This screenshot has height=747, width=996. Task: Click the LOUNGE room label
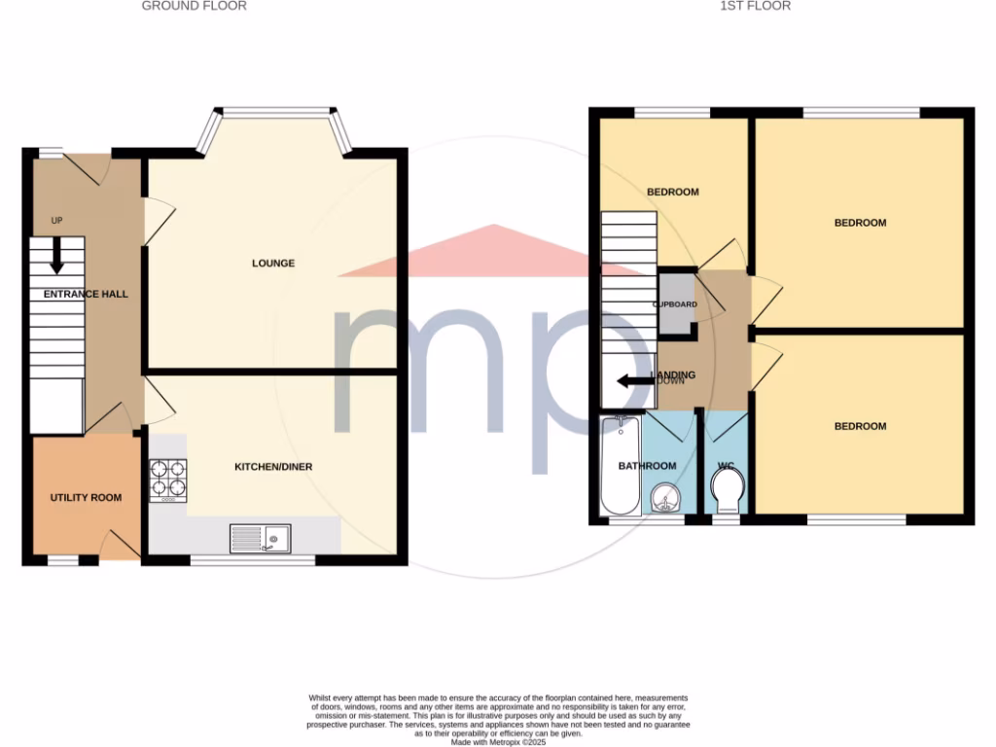click(x=273, y=264)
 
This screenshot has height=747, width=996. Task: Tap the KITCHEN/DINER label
click(x=273, y=467)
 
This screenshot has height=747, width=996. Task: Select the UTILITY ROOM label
click(x=86, y=498)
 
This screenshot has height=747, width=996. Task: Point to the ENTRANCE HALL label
click(x=86, y=294)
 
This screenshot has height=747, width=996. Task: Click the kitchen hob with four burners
click(x=167, y=480)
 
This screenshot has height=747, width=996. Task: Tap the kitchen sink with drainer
click(x=260, y=538)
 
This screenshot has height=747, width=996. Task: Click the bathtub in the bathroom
click(x=619, y=466)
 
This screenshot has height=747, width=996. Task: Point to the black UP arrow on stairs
click(x=56, y=256)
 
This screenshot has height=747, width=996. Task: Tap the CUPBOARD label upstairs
click(x=675, y=304)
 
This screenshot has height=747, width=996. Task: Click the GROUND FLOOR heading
click(x=195, y=6)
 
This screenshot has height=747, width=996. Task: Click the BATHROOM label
click(x=648, y=466)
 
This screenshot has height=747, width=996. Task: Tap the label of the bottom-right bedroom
click(x=860, y=426)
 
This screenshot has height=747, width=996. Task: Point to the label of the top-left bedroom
click(x=673, y=192)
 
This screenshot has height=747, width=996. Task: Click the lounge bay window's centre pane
click(x=273, y=113)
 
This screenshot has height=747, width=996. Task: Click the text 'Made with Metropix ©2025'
click(x=499, y=742)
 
